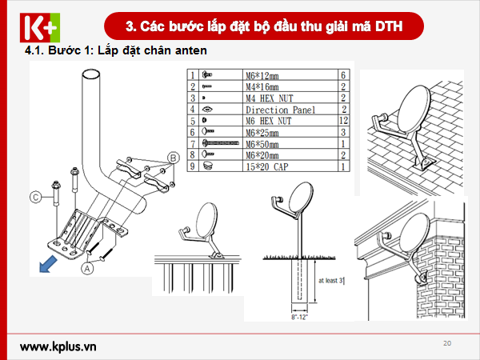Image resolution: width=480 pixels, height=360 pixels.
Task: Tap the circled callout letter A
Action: [86, 270]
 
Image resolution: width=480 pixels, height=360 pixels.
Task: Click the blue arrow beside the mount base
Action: [50, 263]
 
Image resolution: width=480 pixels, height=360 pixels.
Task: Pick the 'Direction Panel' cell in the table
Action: [281, 110]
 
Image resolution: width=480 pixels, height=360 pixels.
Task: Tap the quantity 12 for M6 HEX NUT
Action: [342, 121]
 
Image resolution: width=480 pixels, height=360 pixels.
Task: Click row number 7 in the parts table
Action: [192, 143]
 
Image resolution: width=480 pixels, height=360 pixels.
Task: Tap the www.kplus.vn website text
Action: [58, 346]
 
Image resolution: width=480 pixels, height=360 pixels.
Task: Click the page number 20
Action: [446, 343]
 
